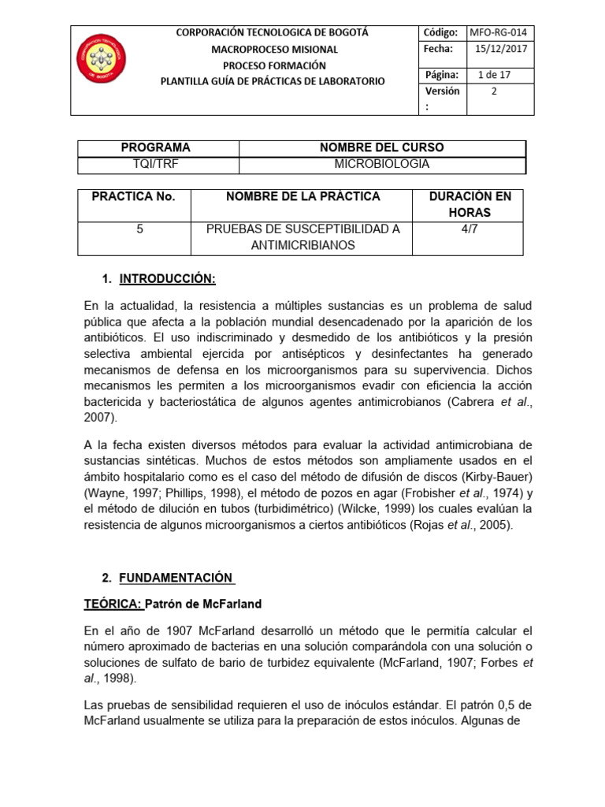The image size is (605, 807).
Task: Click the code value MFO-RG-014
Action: pyautogui.click(x=500, y=32)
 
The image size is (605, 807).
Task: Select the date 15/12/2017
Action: pyautogui.click(x=500, y=49)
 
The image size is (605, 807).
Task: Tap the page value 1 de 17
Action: pyautogui.click(x=494, y=75)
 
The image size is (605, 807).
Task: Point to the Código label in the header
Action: pyautogui.click(x=440, y=32)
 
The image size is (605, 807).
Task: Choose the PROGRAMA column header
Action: pyautogui.click(x=155, y=147)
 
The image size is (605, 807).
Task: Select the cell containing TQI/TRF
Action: pyautogui.click(x=155, y=164)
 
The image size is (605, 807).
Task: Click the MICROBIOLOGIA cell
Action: pyautogui.click(x=381, y=164)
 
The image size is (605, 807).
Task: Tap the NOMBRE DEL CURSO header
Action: pyautogui.click(x=381, y=147)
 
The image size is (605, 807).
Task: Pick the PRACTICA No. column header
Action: pyautogui.click(x=134, y=196)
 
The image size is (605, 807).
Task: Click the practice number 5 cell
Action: pyautogui.click(x=139, y=229)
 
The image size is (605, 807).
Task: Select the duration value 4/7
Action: pyautogui.click(x=470, y=229)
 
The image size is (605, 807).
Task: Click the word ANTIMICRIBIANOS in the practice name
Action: pyautogui.click(x=303, y=245)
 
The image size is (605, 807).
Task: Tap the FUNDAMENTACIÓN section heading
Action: pyautogui.click(x=176, y=578)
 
